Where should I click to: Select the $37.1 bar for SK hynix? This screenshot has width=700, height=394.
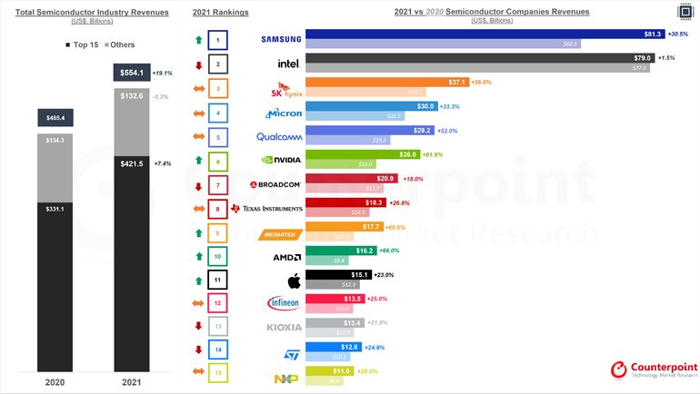(386, 83)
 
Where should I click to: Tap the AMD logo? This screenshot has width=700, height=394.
(287, 256)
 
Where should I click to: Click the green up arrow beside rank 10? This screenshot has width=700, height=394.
(198, 257)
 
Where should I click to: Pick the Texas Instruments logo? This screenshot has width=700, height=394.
(266, 209)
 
